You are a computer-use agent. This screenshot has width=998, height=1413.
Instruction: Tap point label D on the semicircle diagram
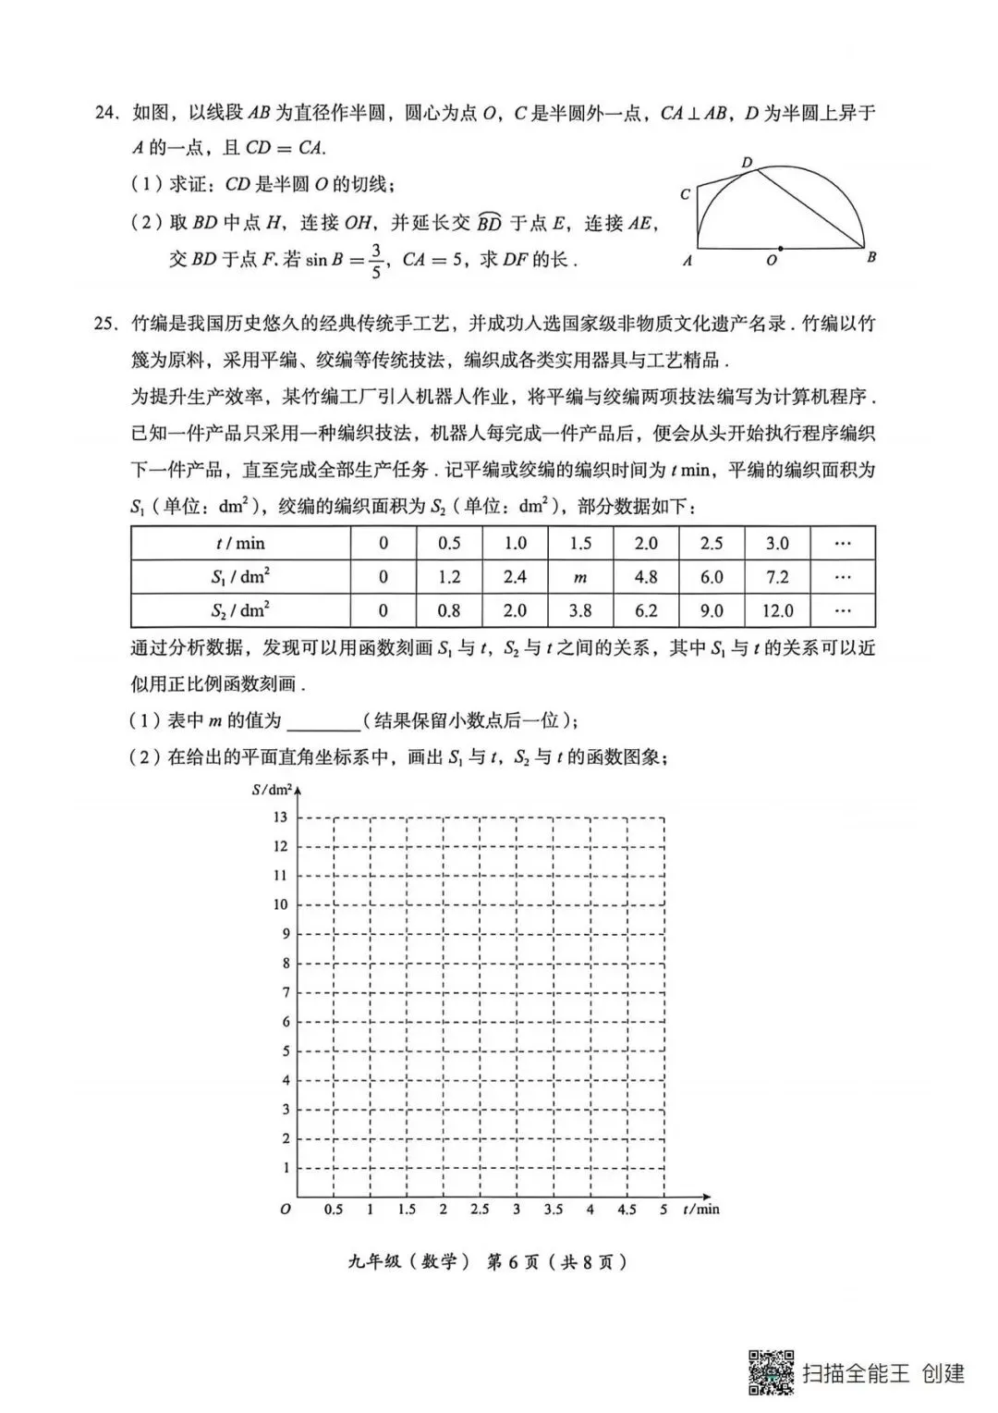click(748, 163)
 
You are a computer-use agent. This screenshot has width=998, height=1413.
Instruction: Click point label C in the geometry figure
click(686, 194)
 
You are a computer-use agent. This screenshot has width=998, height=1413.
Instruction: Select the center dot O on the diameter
click(781, 248)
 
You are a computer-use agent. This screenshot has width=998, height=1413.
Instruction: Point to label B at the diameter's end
click(871, 258)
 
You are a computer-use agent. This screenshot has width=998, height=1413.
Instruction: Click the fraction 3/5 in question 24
click(376, 260)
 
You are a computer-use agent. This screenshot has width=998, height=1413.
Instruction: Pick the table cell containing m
click(580, 577)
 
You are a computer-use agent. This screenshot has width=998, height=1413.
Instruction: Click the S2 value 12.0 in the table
click(777, 610)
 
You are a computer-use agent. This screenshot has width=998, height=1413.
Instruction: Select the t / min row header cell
click(240, 544)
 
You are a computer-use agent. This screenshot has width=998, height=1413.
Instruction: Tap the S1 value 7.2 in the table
click(777, 577)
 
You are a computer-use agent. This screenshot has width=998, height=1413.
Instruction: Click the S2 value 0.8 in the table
click(449, 610)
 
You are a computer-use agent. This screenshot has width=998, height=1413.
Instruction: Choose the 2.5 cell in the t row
click(712, 544)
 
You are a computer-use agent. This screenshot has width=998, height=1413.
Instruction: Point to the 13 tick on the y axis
click(280, 817)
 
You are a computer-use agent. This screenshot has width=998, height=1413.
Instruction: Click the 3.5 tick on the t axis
click(553, 1210)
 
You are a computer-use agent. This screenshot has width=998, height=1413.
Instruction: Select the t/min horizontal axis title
click(700, 1210)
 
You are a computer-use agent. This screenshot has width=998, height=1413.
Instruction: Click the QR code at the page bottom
click(771, 1372)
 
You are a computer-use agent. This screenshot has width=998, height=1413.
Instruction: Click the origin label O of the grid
click(286, 1210)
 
